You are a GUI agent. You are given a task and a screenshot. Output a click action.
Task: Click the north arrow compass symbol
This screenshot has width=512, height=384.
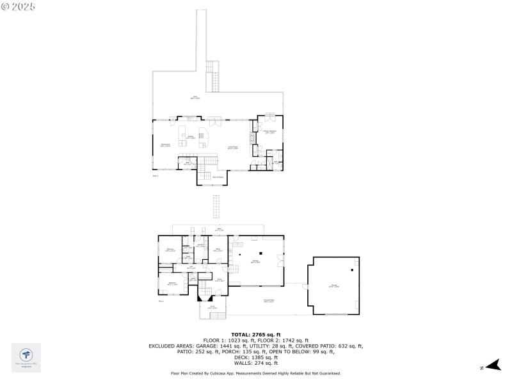[491, 366]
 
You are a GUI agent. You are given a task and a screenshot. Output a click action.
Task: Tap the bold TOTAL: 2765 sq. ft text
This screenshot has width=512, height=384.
[255, 335]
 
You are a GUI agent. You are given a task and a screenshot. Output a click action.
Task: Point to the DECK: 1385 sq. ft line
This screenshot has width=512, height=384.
[255, 356]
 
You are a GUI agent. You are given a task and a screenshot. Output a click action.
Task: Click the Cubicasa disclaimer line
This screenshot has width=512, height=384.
[255, 373]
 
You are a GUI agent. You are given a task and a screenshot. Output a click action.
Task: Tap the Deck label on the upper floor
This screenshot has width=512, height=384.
[196, 97]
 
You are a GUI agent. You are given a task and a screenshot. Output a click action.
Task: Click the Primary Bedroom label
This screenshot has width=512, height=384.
[269, 132]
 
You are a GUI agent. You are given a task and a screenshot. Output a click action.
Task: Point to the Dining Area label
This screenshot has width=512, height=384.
[165, 145]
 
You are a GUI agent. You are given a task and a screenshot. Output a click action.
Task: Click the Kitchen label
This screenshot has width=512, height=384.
[190, 137]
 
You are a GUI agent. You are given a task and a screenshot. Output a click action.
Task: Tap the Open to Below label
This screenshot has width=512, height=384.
[217, 177]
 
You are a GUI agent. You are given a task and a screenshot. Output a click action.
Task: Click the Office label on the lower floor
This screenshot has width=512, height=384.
[218, 250]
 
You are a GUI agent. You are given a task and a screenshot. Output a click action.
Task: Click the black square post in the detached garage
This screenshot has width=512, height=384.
[353, 262]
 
